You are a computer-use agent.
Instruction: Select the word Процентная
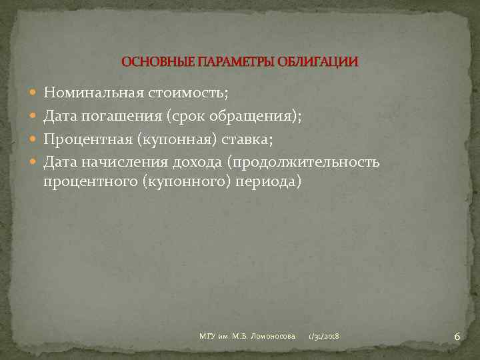(x=89, y=139)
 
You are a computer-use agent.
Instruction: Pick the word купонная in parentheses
(x=178, y=139)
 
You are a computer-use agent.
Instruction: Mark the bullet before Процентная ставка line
(x=34, y=139)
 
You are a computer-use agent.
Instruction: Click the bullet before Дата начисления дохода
(x=34, y=162)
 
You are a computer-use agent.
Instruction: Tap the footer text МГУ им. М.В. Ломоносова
(x=247, y=337)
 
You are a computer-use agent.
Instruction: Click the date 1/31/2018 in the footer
(x=323, y=337)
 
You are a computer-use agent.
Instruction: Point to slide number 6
(x=457, y=337)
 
